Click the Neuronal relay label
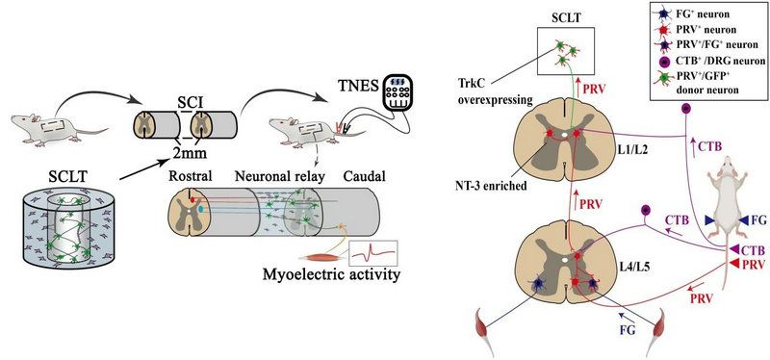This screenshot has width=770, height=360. point(279,176)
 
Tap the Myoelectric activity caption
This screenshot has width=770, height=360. point(331,274)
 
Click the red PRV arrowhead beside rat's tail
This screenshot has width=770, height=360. point(735,264)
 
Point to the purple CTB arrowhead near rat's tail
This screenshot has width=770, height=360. point(735,249)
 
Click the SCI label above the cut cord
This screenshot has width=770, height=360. point(187,104)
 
